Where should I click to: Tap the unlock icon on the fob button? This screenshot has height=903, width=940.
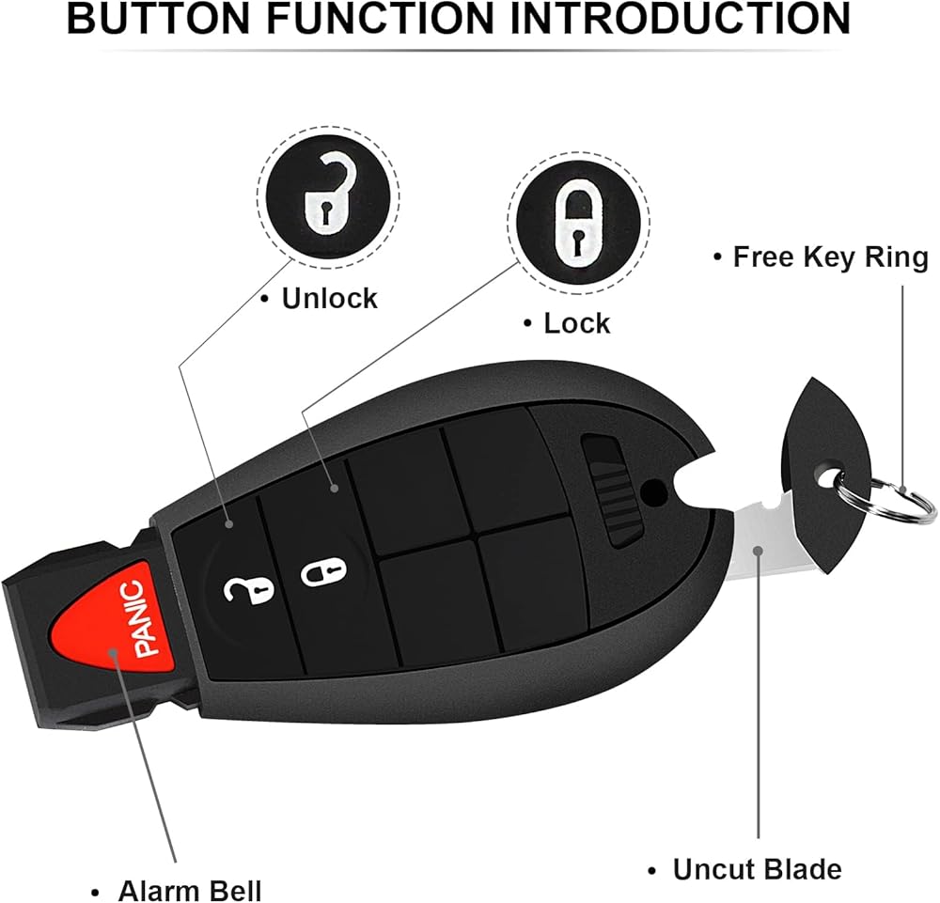(x=248, y=590)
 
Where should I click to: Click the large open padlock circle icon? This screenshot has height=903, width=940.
(x=328, y=196)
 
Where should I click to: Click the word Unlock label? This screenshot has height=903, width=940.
(x=330, y=299)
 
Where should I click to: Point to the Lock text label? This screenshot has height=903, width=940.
(x=577, y=323)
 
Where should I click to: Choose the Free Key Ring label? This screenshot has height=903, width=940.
(x=831, y=257)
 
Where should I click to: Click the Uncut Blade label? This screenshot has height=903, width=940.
(x=757, y=869)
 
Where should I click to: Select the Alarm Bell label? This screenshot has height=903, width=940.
(x=190, y=891)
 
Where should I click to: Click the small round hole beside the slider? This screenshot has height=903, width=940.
(x=653, y=493)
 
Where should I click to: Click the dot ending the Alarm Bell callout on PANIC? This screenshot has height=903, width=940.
(x=112, y=652)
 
